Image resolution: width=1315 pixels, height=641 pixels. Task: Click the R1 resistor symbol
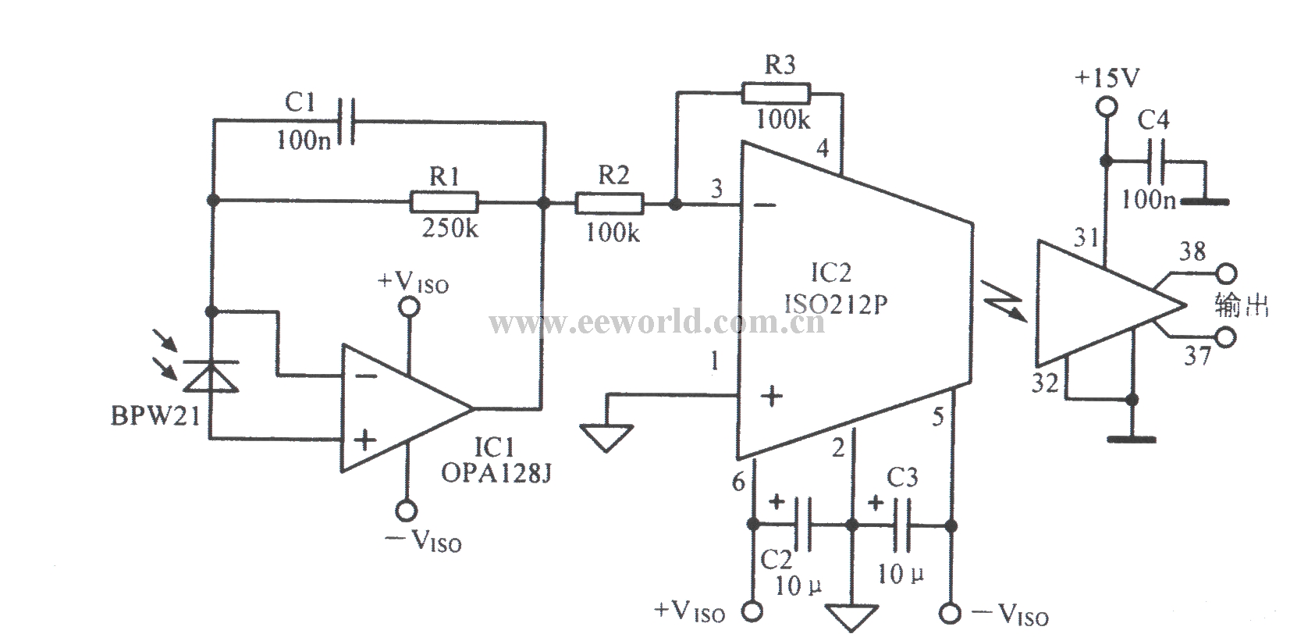[444, 202]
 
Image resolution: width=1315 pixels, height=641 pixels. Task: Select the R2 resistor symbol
[610, 203]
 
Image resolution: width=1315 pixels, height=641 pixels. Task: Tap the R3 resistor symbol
[776, 94]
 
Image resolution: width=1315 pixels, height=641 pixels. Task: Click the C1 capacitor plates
[345, 123]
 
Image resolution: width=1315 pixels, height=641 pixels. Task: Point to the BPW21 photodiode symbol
[211, 376]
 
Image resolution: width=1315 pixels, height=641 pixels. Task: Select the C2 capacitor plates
[802, 525]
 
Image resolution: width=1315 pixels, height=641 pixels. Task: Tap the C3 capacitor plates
[901, 525]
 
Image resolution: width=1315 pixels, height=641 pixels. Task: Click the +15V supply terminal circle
[1107, 108]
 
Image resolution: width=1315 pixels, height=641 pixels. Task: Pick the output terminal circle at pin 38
[1226, 274]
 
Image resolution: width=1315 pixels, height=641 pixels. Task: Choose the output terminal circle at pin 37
[1226, 337]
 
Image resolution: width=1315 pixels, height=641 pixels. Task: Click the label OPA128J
[496, 473]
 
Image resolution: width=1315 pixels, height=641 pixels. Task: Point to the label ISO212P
[836, 304]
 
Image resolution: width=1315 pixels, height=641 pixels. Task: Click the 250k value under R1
[450, 228]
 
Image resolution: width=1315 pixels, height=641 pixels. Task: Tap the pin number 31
[1086, 238]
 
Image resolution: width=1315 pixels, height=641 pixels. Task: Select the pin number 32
[1045, 383]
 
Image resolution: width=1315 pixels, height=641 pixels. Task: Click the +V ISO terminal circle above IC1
[409, 307]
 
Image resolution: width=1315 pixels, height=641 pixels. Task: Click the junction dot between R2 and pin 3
[676, 204]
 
